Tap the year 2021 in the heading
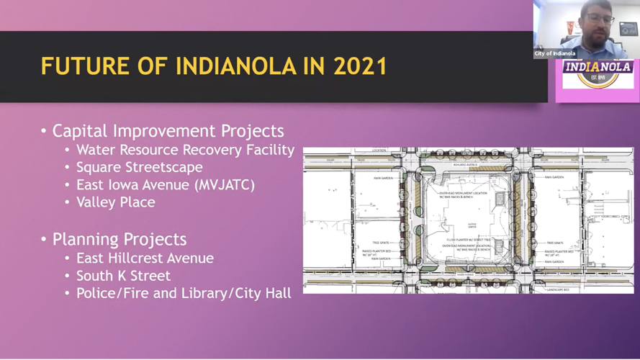click(360, 66)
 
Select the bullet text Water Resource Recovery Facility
click(185, 150)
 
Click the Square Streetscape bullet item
click(139, 167)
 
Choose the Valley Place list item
click(115, 202)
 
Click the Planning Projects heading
click(119, 239)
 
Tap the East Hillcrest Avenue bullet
click(145, 258)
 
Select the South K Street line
click(123, 276)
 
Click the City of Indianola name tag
click(554, 54)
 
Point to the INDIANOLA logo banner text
click(598, 67)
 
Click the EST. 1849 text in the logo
click(598, 77)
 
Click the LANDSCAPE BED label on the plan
click(556, 289)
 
